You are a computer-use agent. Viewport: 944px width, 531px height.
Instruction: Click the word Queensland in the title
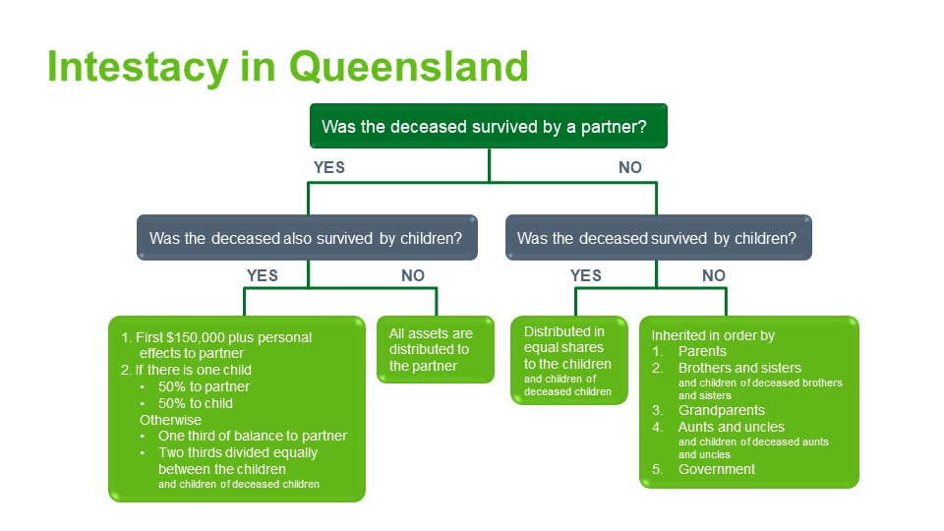point(409,66)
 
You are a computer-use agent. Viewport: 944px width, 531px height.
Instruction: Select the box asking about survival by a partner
point(489,127)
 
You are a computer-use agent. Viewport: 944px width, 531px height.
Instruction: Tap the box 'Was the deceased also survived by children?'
point(307,238)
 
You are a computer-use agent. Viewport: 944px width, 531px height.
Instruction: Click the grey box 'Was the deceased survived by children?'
point(658,238)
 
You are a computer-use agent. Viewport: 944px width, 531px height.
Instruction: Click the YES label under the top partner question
point(329,167)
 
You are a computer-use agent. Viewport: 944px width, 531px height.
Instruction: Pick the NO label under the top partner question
point(630,167)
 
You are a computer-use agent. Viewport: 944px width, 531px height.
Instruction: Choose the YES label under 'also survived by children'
point(263,275)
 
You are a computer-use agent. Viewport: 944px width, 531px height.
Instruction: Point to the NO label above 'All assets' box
point(413,275)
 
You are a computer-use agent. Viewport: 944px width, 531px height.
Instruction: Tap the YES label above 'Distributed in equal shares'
point(586,275)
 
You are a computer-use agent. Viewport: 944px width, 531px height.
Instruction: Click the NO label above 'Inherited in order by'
point(714,275)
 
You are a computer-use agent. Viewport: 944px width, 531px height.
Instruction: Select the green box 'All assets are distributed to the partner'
point(436,349)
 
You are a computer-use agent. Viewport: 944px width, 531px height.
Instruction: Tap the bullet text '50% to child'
point(197,403)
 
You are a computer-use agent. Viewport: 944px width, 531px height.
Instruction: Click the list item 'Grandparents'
point(721,410)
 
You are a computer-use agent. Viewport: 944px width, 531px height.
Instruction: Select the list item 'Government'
point(717,469)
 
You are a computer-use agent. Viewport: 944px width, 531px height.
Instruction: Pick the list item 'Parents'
point(702,351)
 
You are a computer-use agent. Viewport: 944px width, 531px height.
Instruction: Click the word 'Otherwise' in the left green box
point(170,420)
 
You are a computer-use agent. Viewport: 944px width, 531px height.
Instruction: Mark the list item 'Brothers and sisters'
point(739,368)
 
